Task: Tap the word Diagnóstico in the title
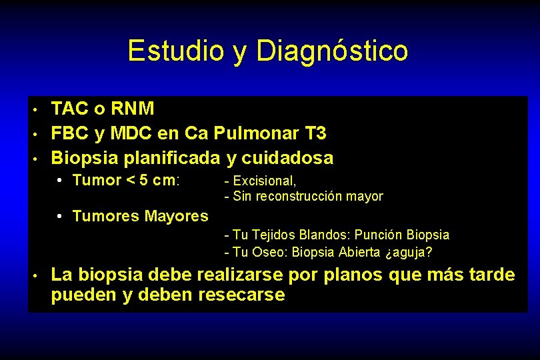(332, 51)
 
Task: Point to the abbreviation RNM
(133, 108)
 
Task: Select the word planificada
(167, 158)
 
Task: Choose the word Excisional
(265, 181)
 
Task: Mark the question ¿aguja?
(408, 253)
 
